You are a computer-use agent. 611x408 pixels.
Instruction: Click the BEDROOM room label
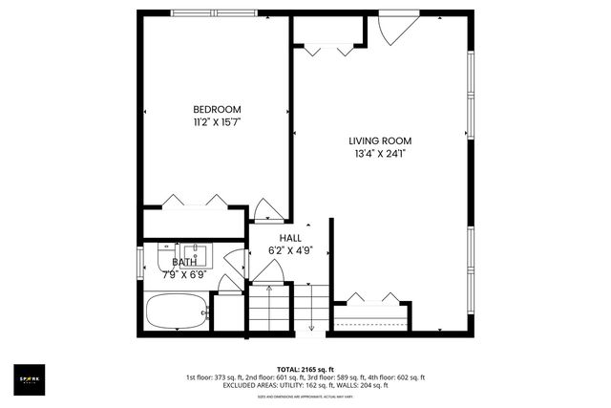(217, 109)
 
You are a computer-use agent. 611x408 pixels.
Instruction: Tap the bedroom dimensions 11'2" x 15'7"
(217, 122)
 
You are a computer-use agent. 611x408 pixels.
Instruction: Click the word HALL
(290, 238)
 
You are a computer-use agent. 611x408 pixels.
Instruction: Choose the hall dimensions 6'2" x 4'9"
(290, 251)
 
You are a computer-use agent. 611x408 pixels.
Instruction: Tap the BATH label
(184, 262)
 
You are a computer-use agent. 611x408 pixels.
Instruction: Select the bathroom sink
(195, 254)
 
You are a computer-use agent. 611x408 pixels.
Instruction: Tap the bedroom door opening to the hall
(265, 211)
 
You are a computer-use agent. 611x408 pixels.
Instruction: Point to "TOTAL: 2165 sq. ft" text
(305, 368)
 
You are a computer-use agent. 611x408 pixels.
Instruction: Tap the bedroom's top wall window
(214, 13)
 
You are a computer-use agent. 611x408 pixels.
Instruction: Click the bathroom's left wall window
(141, 263)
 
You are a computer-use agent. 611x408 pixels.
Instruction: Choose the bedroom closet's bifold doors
(195, 201)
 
